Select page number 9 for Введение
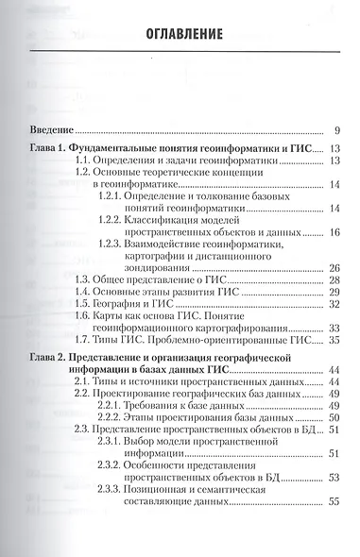coord(335,130)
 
